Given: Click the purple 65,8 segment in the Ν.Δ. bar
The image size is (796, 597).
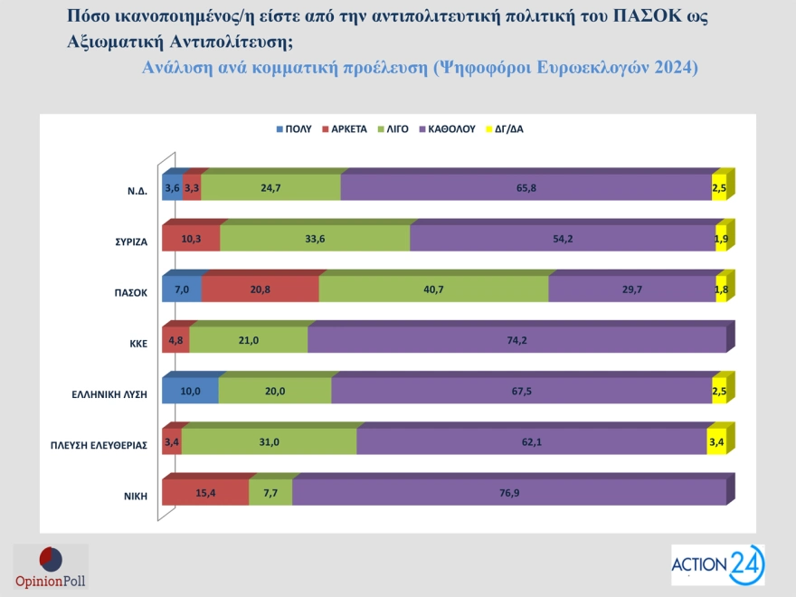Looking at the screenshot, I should coord(526,187).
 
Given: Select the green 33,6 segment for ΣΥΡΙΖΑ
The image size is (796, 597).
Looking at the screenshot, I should coord(315,238).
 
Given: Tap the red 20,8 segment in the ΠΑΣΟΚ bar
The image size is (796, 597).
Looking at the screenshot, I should coord(260,289).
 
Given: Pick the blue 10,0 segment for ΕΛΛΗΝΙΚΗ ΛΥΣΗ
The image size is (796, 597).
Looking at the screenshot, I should coord(190,391).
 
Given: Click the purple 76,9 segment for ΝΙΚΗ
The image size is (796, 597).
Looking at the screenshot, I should coord(508,492).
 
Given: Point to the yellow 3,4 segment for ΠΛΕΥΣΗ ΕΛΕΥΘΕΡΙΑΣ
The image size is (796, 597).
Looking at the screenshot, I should coord(715,441).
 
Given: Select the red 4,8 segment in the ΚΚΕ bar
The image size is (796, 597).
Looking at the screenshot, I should coord(175,340).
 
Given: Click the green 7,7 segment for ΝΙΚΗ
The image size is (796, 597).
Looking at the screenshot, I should coord(270,492).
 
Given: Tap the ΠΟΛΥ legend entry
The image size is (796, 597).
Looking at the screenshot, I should coord(293,128).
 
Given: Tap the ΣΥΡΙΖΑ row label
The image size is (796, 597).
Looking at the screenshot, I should coord(128,242).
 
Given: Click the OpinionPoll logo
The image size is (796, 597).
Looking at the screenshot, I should coord(51,566).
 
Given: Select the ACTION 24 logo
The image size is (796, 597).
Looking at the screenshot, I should coord(717,564).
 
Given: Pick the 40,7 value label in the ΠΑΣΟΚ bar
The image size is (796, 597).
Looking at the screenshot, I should coord(433,289).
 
